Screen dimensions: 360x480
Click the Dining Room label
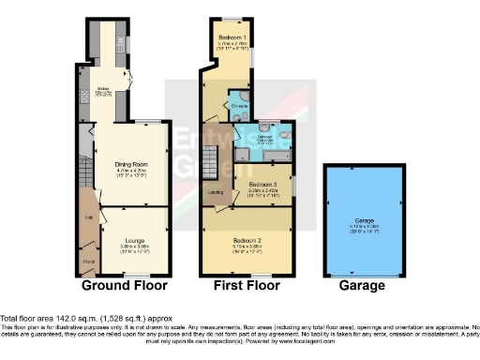128,161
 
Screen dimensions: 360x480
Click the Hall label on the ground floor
88,217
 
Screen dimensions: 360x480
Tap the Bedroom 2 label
247,240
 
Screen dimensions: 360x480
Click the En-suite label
238,106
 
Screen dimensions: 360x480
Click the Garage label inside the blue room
366,219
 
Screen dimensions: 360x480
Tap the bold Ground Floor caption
125,285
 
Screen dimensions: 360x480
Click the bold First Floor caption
244,285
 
